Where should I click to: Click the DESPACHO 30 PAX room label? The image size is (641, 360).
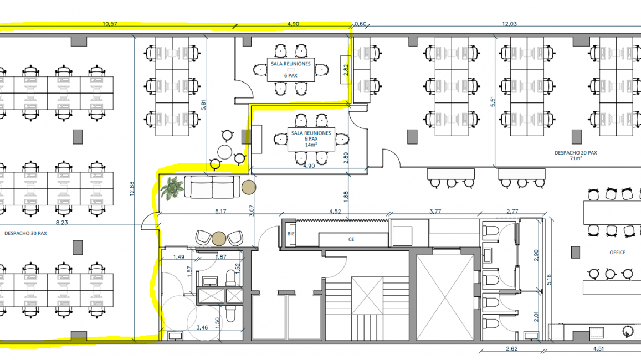(x=25, y=233)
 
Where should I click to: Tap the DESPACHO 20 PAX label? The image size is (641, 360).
(x=576, y=153)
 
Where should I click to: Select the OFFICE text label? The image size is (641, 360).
(x=617, y=253)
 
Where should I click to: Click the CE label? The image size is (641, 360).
(x=351, y=239)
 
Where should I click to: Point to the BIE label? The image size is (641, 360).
(x=291, y=234)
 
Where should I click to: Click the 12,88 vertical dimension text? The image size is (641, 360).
(x=132, y=188)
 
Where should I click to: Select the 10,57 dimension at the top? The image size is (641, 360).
(x=110, y=24)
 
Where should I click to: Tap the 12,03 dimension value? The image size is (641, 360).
(x=509, y=24)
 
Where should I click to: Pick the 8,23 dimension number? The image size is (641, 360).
(x=61, y=223)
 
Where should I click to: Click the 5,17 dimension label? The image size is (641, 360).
(x=220, y=212)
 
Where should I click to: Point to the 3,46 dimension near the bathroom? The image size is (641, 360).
(x=202, y=327)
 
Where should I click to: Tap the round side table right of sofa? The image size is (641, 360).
(x=249, y=187)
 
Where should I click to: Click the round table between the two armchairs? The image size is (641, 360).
(x=219, y=239)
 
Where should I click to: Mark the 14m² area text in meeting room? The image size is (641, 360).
(x=311, y=145)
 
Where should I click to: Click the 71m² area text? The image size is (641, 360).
(x=576, y=158)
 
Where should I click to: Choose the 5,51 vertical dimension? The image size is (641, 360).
(x=493, y=101)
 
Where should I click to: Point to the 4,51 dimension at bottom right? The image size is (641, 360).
(x=598, y=349)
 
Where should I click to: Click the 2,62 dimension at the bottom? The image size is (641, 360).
(x=511, y=349)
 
